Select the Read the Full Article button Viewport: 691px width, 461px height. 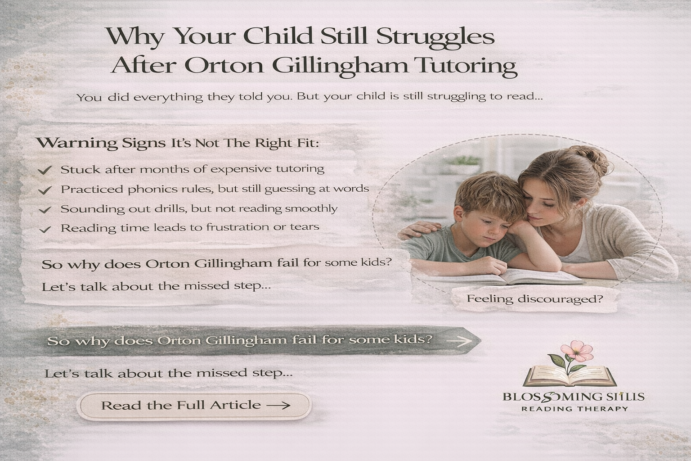tap(195, 406)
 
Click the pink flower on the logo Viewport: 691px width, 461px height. tap(573, 349)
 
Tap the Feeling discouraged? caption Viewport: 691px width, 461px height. tap(534, 298)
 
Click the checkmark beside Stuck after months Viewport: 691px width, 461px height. tap(45, 170)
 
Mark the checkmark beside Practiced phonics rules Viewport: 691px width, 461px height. tap(45, 190)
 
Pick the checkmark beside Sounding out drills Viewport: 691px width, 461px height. tap(45, 210)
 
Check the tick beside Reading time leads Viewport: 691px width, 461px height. tap(45, 229)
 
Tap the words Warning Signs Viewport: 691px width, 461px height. tap(101, 144)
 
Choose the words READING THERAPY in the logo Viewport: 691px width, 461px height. tap(574, 409)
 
